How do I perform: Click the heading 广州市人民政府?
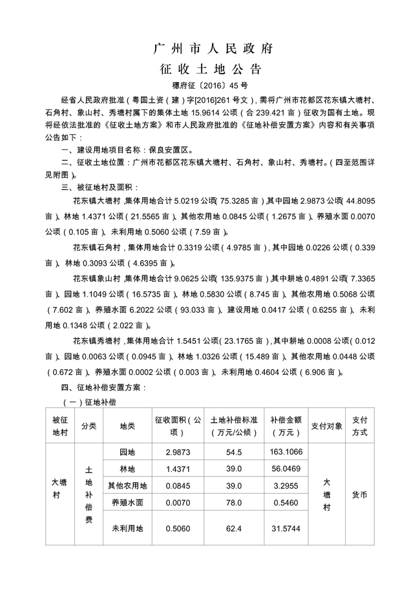210,48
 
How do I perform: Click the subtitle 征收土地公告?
210,69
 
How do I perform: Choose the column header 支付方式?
361,425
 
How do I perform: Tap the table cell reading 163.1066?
286,451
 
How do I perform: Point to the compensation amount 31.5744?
286,528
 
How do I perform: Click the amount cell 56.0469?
286,468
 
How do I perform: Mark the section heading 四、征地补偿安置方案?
103,388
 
